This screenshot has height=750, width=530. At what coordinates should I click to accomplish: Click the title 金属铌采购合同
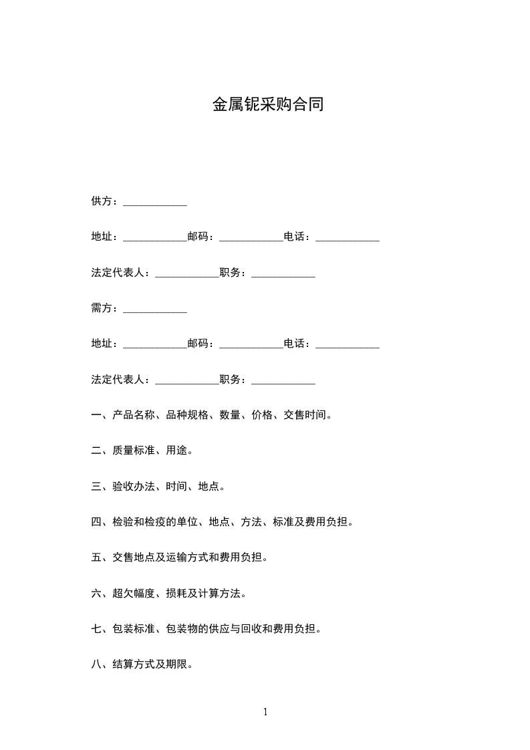[x=268, y=104]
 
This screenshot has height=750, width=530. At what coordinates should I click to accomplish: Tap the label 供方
[x=102, y=201]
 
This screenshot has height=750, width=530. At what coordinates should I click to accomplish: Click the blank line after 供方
[x=155, y=203]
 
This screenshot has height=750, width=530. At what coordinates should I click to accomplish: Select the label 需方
[x=102, y=308]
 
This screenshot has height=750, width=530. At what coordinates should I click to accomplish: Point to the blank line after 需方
[x=155, y=309]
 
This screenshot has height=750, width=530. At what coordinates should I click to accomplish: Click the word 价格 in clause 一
[x=263, y=415]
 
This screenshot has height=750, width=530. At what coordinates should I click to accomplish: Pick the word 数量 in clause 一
[x=231, y=415]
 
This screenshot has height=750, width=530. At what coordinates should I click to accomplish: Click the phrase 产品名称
[x=134, y=415]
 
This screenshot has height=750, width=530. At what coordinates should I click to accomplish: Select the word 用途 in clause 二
[x=177, y=451]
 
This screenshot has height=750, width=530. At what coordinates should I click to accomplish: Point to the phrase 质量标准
[x=134, y=451]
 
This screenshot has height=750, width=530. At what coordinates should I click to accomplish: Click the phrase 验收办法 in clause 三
[x=134, y=486]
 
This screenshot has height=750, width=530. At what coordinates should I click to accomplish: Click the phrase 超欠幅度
[x=134, y=593]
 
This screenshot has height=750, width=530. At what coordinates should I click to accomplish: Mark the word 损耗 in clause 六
[x=177, y=593]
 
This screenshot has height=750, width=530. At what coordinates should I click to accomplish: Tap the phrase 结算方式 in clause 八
[x=134, y=664]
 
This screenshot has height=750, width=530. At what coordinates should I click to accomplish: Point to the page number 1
[x=265, y=712]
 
